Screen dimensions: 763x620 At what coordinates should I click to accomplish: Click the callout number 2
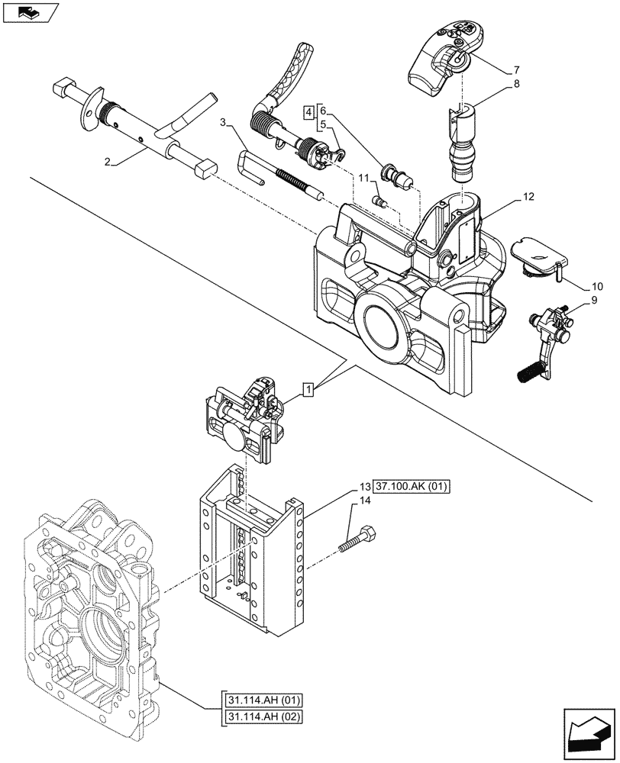click(x=110, y=163)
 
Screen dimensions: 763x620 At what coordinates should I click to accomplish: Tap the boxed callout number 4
click(x=308, y=112)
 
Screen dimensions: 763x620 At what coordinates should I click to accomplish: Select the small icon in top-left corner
click(x=28, y=11)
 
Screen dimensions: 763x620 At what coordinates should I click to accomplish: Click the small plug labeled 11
click(x=379, y=201)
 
